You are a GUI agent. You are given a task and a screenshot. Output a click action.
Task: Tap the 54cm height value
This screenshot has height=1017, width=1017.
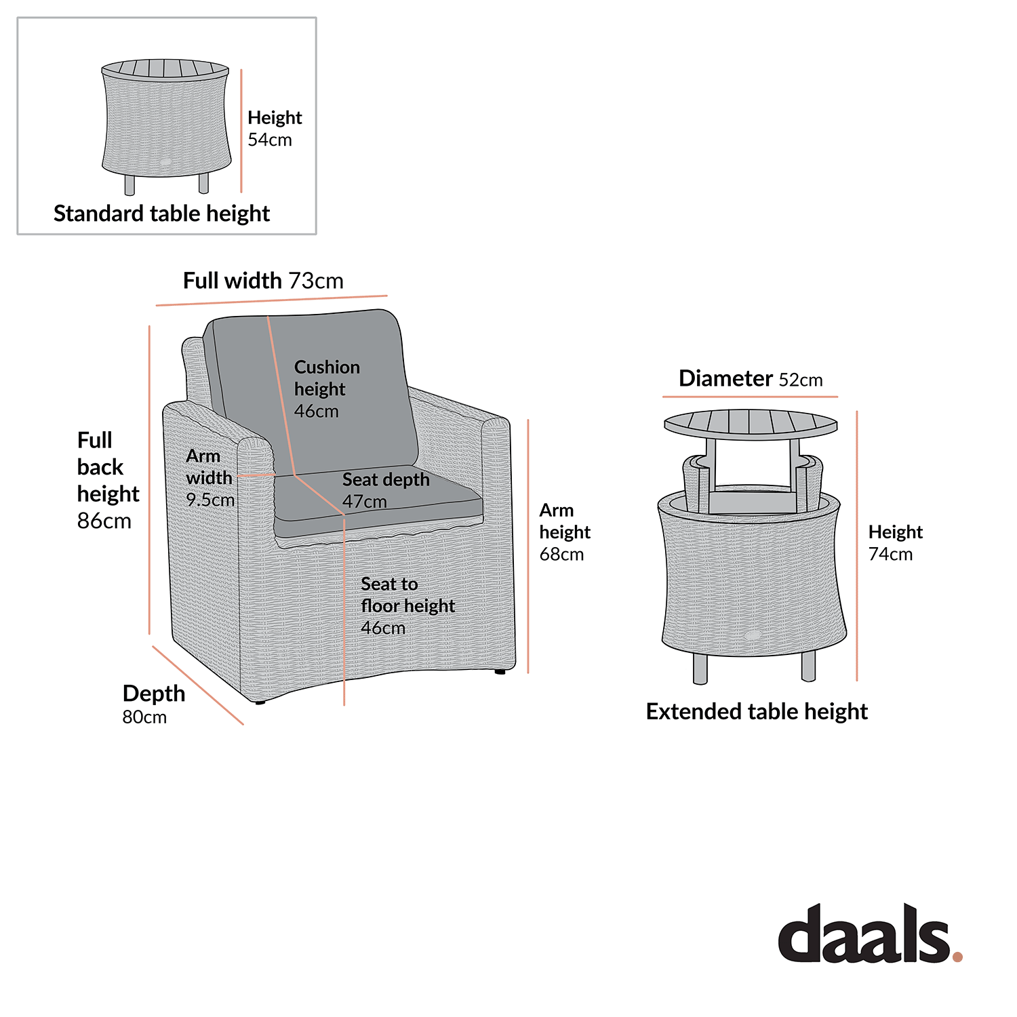(x=269, y=140)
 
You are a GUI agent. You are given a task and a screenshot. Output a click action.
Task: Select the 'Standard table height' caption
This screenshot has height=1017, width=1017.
(x=161, y=214)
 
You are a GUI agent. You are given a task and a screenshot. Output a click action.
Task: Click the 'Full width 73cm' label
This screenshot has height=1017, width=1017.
(x=263, y=281)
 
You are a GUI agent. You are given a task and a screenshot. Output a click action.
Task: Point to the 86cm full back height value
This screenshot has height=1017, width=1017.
(x=104, y=521)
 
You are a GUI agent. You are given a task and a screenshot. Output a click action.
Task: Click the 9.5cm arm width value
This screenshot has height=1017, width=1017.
(x=210, y=500)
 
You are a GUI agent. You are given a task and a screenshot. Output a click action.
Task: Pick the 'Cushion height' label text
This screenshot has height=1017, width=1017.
(x=326, y=378)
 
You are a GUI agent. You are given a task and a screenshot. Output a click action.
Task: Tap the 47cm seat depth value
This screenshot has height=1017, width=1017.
(x=364, y=502)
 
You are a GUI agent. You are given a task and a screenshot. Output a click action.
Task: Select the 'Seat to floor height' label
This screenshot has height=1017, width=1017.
(x=407, y=595)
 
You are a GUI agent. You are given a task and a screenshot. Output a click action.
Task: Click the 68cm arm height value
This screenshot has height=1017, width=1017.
(x=561, y=555)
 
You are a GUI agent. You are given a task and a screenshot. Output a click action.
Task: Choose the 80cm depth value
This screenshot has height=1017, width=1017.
(x=144, y=717)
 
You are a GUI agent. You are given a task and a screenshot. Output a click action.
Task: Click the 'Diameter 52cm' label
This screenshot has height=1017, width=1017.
(x=751, y=378)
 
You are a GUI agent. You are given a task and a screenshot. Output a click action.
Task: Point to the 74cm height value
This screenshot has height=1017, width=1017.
(x=890, y=555)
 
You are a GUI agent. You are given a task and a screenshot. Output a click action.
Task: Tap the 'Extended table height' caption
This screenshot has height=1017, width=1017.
(x=757, y=712)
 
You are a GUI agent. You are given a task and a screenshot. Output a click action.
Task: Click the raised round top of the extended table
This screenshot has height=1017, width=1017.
(x=751, y=424)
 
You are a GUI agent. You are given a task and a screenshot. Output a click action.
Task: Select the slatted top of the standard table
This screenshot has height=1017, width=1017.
(x=165, y=68)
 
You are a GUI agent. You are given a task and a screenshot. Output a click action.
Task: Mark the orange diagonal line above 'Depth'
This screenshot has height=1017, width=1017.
(x=197, y=685)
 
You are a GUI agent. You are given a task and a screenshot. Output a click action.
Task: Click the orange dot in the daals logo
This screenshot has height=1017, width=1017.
(x=957, y=956)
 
